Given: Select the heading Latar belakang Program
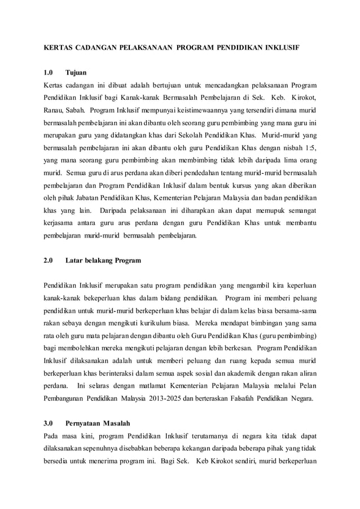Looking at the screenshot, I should (103, 261).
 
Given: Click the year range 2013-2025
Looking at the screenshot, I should (165, 398).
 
